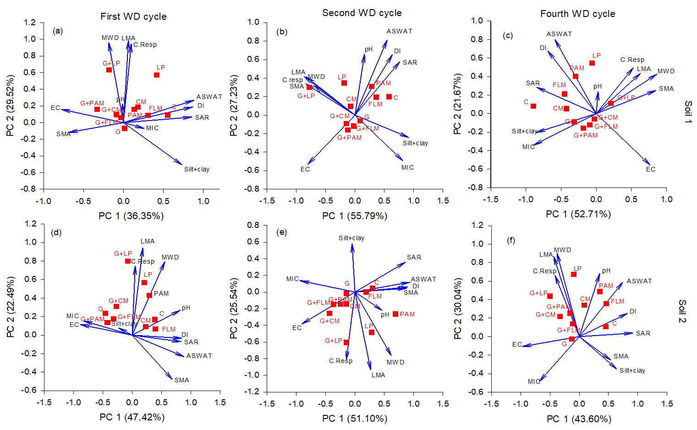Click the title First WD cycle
(x=133, y=17)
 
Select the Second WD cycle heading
(x=362, y=13)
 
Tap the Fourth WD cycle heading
(x=577, y=14)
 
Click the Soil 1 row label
(x=687, y=112)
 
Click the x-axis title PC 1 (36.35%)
(x=131, y=215)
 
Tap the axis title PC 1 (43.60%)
(x=579, y=419)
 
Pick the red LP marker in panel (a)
(x=157, y=75)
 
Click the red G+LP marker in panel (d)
(x=127, y=261)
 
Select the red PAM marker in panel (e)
(x=395, y=314)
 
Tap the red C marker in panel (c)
(x=533, y=106)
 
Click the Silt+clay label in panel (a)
(x=197, y=169)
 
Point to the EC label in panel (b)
(x=305, y=169)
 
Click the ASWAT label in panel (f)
(x=639, y=281)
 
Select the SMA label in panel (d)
(x=181, y=380)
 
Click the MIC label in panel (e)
(x=292, y=279)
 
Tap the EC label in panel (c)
(x=651, y=169)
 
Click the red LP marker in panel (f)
(x=573, y=274)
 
